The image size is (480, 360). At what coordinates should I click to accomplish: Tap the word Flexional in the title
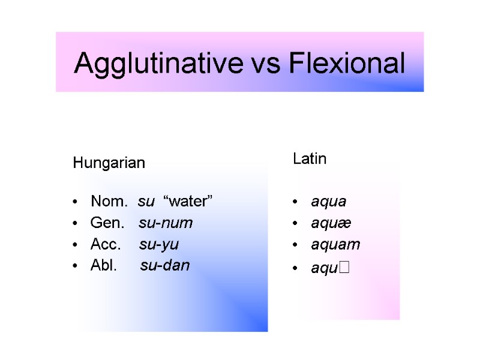coord(346,64)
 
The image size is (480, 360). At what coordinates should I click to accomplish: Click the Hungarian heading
coord(109,163)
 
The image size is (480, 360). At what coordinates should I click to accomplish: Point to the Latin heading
coord(310,159)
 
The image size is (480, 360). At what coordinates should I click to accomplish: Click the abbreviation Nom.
coord(109,202)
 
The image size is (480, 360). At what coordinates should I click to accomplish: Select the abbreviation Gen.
coord(107,223)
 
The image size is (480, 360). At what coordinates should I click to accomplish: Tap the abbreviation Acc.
coord(106,244)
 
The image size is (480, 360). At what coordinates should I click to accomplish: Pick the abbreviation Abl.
coord(104,265)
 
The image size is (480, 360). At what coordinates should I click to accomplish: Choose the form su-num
coord(166,223)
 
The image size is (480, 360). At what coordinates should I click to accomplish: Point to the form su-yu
coord(159,244)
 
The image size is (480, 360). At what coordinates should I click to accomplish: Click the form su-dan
coord(165,265)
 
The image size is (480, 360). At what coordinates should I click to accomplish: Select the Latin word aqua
coord(329,202)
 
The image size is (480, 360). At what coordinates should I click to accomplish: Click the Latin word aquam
coord(335,245)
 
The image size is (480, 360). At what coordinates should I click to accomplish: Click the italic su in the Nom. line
coord(146,202)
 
